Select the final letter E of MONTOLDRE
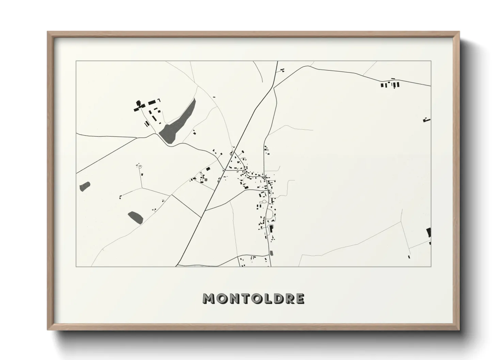point(299,299)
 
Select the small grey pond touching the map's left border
point(85,186)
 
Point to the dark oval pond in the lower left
point(135,217)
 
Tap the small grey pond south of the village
point(271,253)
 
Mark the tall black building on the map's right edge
point(429,233)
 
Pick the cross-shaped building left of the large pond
point(138,106)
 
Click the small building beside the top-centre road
point(282,70)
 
